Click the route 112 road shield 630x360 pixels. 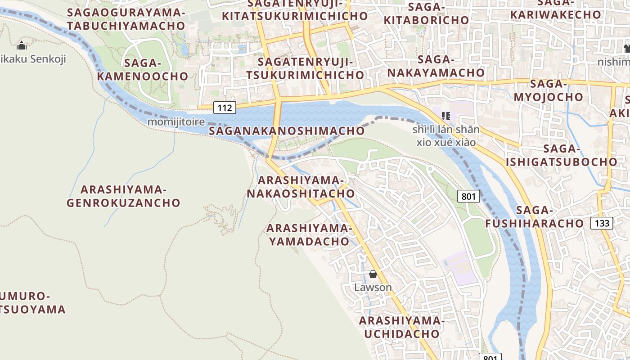point(225,108)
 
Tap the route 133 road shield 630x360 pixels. point(602,223)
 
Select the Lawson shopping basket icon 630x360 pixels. point(373,274)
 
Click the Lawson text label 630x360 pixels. point(373,287)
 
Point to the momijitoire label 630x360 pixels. point(176,122)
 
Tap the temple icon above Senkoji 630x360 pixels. point(21,45)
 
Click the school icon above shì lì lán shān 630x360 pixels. point(446,116)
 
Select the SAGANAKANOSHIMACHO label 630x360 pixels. point(287,131)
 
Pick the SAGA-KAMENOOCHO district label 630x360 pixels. point(142,69)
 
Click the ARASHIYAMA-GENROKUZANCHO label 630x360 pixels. point(123,196)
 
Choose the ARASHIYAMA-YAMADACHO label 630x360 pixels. point(309,234)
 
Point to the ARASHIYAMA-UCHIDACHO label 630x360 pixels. point(401,327)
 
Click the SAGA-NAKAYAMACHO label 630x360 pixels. point(436,66)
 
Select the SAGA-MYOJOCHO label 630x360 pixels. point(548,90)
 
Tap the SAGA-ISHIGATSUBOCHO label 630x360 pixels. point(562,155)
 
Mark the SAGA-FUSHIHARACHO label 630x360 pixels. point(534,216)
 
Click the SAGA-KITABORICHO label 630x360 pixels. point(426,13)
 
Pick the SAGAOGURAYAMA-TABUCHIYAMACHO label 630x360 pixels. point(126,19)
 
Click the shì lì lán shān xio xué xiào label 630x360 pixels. point(446,136)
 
